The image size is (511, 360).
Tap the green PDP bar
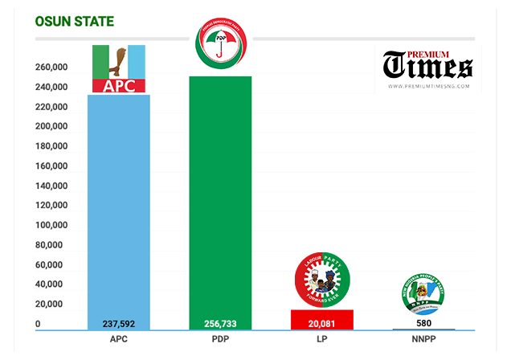[219, 201]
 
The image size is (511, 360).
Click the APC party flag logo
[119, 69]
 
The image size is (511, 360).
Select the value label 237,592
[119, 324]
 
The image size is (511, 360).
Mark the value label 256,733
[219, 324]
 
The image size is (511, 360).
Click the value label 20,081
[321, 324]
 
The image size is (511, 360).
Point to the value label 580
[423, 324]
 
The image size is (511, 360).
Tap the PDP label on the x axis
[219, 341]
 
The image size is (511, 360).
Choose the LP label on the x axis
[321, 341]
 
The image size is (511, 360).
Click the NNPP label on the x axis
[423, 341]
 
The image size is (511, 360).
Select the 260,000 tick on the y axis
[51, 68]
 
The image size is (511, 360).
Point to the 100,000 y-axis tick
[51, 226]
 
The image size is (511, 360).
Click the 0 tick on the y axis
[38, 324]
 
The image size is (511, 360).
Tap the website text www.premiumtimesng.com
[428, 86]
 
